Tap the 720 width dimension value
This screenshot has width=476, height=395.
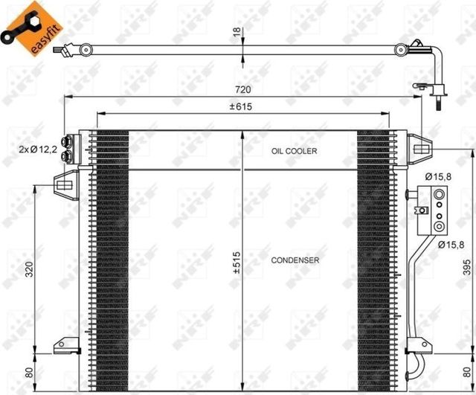point(243,89)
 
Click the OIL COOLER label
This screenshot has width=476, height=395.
point(295,151)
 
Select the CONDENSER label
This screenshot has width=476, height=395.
point(295,260)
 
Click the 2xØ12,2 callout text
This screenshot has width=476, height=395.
point(39,150)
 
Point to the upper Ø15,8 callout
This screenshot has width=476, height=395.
point(440,176)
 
